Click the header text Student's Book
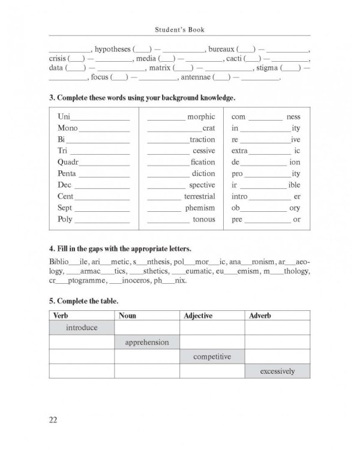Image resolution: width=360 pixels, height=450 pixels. point(179,28)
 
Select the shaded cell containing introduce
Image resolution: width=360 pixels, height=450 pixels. point(82,328)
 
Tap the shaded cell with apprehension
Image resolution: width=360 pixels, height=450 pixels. point(147,342)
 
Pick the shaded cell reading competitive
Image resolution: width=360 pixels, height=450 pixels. point(212,356)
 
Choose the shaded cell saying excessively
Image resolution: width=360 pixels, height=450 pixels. point(277,371)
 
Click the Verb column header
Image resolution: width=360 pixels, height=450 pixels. point(62,315)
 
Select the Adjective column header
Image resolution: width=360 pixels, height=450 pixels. point(199,315)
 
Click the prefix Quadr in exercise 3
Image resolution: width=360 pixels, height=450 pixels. point(67,162)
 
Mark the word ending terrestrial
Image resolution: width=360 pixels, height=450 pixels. point(199,196)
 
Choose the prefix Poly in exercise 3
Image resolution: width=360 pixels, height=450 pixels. point(65,219)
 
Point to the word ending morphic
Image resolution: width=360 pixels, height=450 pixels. point(201,116)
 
